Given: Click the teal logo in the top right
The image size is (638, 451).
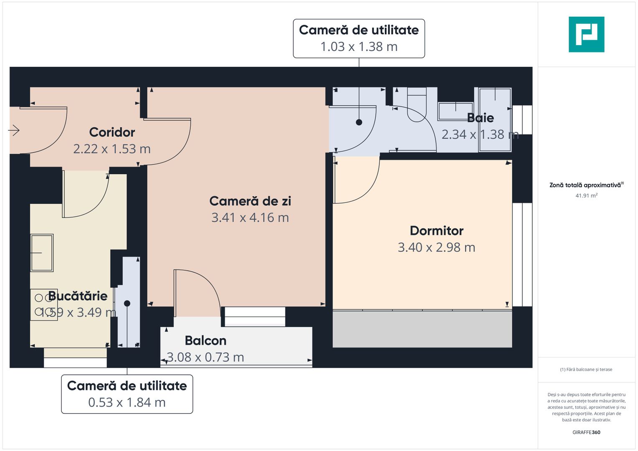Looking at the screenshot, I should [x=586, y=34].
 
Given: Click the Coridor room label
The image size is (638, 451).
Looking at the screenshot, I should [x=112, y=132].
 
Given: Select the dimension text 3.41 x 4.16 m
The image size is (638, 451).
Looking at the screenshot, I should [x=250, y=218].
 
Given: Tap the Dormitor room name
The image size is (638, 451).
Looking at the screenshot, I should [x=437, y=231].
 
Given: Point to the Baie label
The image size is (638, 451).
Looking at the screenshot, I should [x=480, y=118].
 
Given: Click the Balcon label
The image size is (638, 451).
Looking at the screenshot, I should [x=206, y=341].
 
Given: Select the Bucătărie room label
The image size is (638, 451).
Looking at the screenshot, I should [x=78, y=296].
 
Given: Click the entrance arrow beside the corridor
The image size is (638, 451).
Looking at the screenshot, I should [x=14, y=130].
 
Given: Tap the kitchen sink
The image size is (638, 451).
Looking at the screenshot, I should [x=42, y=253].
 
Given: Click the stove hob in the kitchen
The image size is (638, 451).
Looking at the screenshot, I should [x=43, y=304].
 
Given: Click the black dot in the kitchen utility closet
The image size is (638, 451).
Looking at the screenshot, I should [x=127, y=303].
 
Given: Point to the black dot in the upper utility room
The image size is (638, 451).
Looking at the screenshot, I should [x=359, y=122].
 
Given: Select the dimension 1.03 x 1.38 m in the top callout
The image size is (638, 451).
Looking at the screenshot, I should [x=359, y=47].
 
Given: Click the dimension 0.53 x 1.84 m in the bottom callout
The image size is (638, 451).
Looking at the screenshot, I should [x=127, y=403].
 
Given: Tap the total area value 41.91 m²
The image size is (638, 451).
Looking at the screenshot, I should [x=586, y=195].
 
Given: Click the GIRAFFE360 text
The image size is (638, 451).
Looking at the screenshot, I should [x=586, y=432].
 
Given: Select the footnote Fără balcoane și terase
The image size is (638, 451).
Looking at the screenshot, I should [x=586, y=370].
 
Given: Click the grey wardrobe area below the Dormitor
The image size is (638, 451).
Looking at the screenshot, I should [x=422, y=329].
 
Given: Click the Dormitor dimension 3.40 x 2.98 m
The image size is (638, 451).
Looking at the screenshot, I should [x=437, y=248].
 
